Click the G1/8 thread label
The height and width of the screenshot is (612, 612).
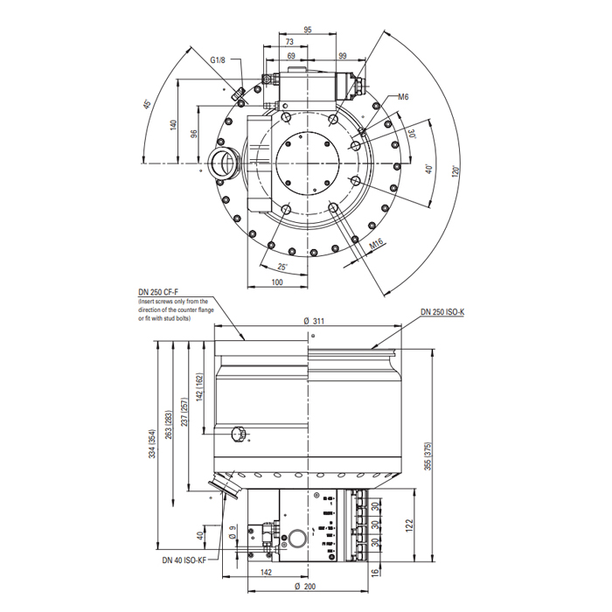click(218, 60)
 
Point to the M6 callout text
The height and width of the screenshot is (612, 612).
click(404, 97)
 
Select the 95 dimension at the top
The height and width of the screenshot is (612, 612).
click(308, 30)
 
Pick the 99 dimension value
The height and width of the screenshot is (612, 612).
click(344, 56)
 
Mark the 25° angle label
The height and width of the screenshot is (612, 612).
click(282, 266)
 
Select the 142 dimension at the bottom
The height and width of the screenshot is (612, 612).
click(268, 573)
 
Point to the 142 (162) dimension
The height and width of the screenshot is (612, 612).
click(199, 387)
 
